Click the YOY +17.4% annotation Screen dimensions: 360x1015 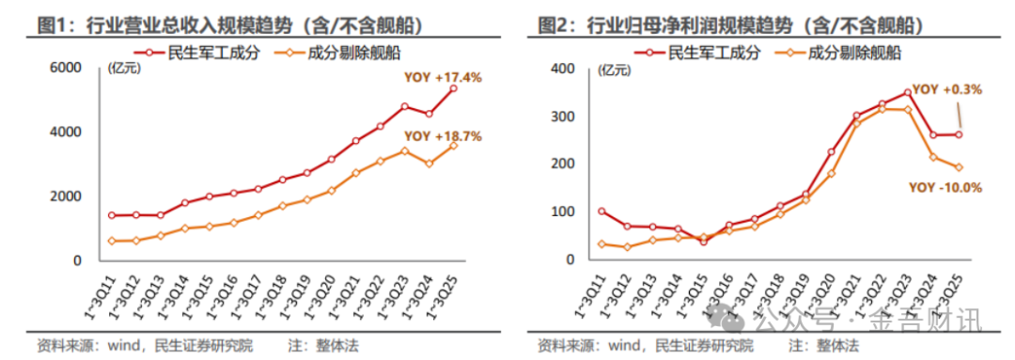point(445,77)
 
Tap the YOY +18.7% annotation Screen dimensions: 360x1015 point(445,136)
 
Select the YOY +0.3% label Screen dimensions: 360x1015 point(946,89)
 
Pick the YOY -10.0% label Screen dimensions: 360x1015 point(945,187)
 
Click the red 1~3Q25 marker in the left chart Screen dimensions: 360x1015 point(453,88)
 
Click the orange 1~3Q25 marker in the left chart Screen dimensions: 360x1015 point(453,146)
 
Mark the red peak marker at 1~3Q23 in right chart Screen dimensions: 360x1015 point(907,92)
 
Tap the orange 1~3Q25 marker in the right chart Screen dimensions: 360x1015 point(959,167)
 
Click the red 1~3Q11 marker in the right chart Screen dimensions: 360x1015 point(601,211)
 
